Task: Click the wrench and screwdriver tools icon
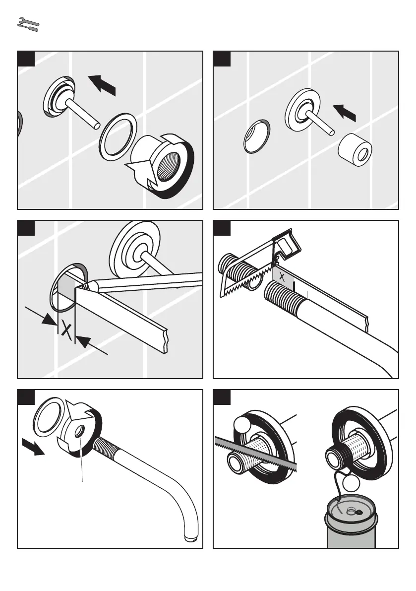point(28,25)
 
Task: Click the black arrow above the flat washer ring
point(103,84)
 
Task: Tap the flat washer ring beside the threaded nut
point(119,134)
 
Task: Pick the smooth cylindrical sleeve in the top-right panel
point(355,149)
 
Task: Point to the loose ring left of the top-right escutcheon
point(257,136)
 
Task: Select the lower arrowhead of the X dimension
point(82,342)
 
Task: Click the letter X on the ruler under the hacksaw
point(282,277)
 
